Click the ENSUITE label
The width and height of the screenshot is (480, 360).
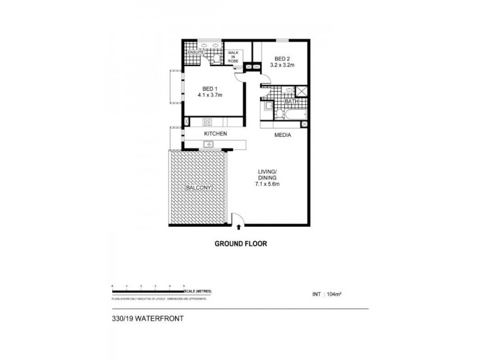coord(196,53)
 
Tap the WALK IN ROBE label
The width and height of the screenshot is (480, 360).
coord(233,56)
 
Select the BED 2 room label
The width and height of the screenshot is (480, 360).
coord(281,58)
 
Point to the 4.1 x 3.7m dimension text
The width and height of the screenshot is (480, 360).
coord(210,94)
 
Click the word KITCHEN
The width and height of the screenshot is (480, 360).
coord(215,133)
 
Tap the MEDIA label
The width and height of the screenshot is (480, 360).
coord(283,136)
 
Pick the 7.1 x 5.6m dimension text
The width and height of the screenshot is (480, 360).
coord(266,184)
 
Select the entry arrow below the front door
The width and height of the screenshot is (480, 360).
coord(239,227)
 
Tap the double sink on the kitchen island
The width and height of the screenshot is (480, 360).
coord(209,143)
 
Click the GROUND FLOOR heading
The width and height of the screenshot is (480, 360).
coord(240,244)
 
